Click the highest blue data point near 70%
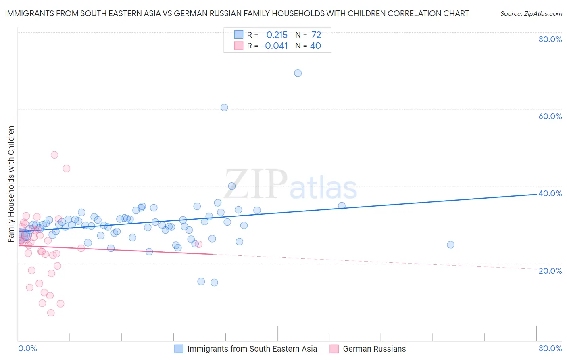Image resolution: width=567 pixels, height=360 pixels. point(298,73)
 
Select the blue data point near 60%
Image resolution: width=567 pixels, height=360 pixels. point(224,107)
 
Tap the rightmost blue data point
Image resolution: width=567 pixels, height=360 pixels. point(450,245)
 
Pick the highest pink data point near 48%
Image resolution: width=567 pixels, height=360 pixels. point(54,155)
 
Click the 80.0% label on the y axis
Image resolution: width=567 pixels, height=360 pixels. point(550,39)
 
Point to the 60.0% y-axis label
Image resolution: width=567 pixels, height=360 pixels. point(550,116)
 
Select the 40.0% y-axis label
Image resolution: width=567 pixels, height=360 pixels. point(550,193)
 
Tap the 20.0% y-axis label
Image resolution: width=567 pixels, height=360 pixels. point(550,271)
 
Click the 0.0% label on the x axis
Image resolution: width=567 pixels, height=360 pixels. point(28,348)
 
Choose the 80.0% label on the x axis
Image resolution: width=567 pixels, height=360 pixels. point(550,348)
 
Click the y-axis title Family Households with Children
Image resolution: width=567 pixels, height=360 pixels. point(11,184)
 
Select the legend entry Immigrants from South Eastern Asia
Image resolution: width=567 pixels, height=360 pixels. point(252,349)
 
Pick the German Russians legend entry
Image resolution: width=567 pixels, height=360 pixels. point(374,349)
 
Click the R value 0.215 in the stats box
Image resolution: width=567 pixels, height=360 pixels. point(277,35)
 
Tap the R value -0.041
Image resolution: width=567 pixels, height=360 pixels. point(275,46)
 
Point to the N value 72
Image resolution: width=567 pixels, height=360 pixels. point(316,35)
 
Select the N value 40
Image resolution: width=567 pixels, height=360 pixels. point(315,46)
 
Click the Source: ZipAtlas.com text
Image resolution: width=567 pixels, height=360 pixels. point(531,13)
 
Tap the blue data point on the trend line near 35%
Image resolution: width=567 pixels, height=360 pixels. point(342,206)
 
